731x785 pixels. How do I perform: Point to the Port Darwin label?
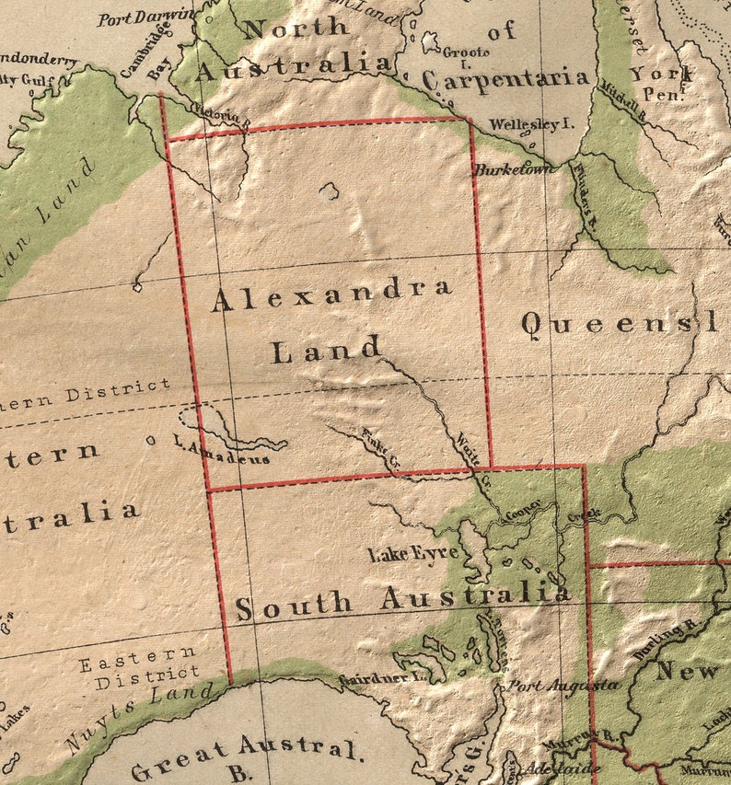point(146,16)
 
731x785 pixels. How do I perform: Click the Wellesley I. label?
point(531,123)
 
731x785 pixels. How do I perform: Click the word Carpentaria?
point(505,79)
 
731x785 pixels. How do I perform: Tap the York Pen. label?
point(661,83)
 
